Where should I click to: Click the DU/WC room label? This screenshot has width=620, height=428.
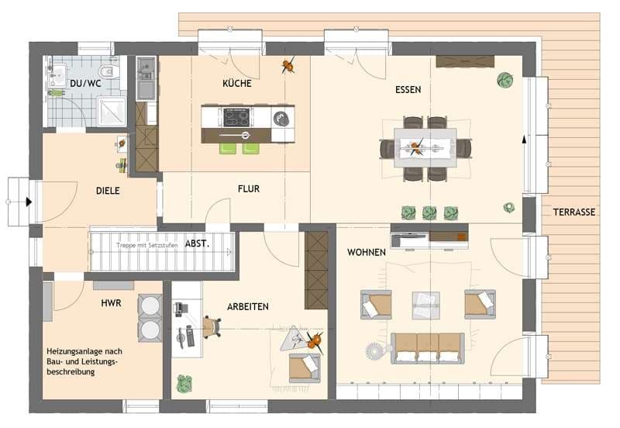(85, 84)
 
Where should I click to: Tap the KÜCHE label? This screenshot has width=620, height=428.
(237, 83)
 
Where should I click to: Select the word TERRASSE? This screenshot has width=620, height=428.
(574, 212)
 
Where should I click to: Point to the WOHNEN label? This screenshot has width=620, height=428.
(366, 252)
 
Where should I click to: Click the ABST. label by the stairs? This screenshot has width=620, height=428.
(197, 243)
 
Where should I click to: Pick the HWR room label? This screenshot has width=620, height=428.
(111, 303)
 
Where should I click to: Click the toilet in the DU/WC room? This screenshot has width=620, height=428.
(109, 71)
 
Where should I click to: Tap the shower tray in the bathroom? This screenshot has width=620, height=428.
(112, 111)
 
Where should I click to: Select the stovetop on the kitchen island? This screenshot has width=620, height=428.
(236, 117)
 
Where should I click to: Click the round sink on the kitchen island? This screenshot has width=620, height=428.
(281, 119)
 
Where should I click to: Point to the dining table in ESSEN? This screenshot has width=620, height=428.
(425, 148)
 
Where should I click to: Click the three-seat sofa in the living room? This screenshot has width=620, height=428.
(428, 348)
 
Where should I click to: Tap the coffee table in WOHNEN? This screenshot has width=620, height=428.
(425, 305)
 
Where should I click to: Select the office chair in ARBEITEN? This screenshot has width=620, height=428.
(212, 327)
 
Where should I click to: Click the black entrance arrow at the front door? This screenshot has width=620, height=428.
(29, 202)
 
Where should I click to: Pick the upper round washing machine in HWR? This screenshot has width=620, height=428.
(150, 305)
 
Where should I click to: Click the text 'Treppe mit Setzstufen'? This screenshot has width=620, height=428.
(146, 245)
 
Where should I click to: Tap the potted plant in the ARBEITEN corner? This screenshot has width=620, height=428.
(184, 383)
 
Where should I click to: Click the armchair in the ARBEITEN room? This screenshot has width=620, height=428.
(304, 368)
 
